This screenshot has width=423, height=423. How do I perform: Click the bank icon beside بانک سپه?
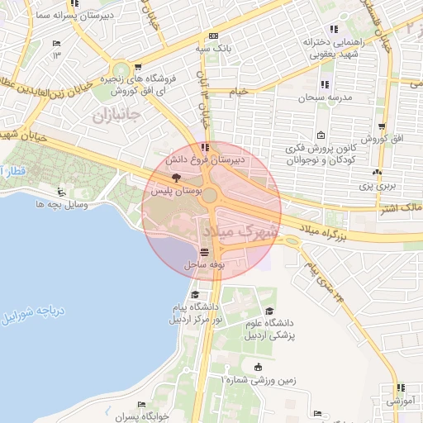pos(214,36)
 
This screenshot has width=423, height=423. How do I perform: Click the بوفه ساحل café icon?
pos(204,251)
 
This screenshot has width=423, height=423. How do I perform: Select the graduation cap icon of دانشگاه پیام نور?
pos(195,294)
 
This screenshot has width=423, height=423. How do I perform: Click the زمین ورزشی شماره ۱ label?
pos(258,379)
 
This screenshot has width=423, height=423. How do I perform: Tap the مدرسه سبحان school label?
pos(326,97)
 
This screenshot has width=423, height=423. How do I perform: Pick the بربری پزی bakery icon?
pos(377,173)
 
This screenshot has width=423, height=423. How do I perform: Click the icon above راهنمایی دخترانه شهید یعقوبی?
pos(334,29)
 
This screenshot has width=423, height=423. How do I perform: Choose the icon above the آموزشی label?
pos(400,387)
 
